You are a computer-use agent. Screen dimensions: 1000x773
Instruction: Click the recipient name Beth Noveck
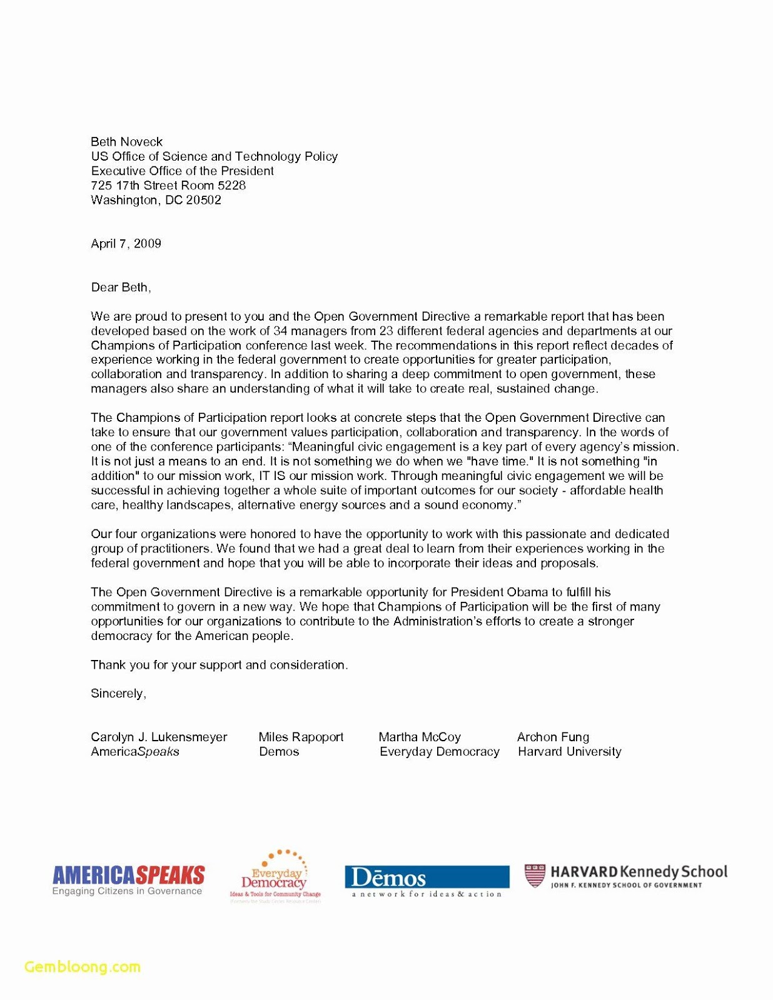126,142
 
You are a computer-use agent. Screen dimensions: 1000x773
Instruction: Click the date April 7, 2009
126,244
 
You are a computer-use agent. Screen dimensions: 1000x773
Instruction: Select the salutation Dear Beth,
121,287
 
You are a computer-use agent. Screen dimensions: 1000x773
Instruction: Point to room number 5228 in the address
231,186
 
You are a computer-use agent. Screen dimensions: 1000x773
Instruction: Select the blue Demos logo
427,877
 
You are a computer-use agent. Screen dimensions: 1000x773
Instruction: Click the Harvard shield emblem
534,876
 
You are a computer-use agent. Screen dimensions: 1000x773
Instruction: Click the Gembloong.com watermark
83,967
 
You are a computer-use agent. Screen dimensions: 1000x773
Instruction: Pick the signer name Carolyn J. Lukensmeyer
159,737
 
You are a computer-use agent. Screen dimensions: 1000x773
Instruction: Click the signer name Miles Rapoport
301,737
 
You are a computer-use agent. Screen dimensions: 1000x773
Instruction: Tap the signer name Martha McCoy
420,737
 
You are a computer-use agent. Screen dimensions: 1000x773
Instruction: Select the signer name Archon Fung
553,737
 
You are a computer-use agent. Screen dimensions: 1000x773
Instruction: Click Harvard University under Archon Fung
569,752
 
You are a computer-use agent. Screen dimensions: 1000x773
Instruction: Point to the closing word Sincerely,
118,694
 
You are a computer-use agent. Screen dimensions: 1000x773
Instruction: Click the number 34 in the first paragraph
280,331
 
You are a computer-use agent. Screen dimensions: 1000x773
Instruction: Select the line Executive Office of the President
182,171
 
